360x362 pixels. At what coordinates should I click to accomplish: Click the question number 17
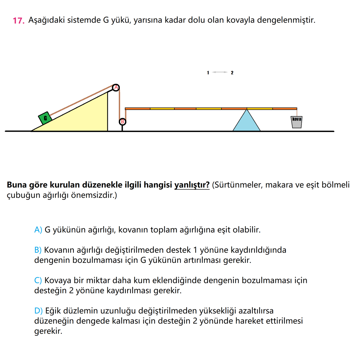(18, 20)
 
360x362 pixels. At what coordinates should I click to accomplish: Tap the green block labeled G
(45, 118)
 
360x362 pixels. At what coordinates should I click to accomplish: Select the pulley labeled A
(116, 87)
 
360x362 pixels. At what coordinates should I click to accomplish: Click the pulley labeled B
(122, 122)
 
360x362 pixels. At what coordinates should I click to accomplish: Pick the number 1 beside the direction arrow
(208, 72)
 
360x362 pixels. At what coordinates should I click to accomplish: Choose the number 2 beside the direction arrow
(232, 72)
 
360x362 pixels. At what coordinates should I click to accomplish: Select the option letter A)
(38, 230)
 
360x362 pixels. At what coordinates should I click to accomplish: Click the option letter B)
(38, 250)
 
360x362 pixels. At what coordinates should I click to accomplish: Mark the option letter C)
(38, 280)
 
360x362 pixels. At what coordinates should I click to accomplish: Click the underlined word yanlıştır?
(192, 185)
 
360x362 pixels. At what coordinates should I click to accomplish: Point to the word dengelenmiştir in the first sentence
(286, 20)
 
